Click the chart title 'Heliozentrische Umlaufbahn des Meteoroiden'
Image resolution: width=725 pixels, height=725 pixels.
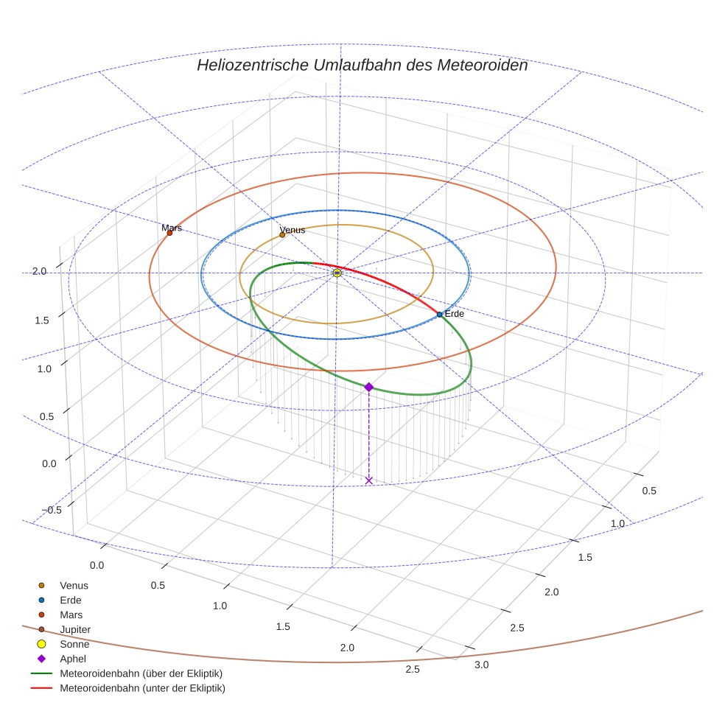[362, 65]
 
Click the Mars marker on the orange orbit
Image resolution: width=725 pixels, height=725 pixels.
[169, 233]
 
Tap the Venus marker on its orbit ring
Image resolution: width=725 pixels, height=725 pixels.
[282, 235]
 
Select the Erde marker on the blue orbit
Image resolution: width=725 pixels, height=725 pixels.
[440, 315]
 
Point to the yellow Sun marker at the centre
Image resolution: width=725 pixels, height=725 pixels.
[337, 273]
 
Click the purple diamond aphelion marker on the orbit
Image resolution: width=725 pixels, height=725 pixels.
[369, 387]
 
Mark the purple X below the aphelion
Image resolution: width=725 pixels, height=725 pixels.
[369, 480]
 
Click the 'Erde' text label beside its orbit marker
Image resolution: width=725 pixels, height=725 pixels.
[454, 314]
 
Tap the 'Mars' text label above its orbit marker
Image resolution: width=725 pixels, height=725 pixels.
[172, 228]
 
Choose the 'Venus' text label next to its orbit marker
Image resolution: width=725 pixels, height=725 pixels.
[293, 230]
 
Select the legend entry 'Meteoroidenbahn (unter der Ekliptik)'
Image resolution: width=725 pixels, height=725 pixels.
[142, 688]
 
